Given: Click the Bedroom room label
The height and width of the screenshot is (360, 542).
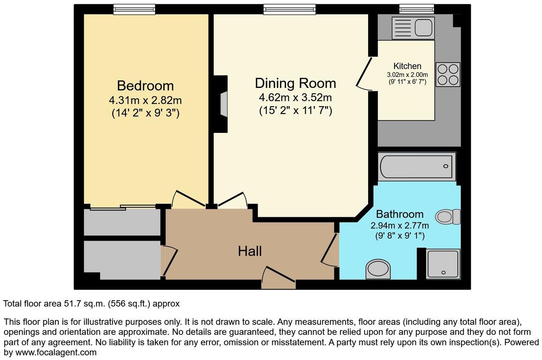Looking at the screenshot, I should point(145,86).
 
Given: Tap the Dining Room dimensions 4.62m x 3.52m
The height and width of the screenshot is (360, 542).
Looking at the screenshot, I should point(295,98).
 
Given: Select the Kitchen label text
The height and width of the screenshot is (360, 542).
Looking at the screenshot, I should point(407,66).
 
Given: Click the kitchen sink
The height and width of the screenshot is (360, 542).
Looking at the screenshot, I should point(413,28).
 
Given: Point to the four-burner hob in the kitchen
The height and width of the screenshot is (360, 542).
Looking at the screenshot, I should point(448,75).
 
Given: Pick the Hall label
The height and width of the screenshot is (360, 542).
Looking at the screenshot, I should point(250,251).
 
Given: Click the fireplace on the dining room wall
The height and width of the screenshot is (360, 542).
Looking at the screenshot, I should point(222,104).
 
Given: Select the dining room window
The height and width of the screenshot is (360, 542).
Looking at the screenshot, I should point(290,9).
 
